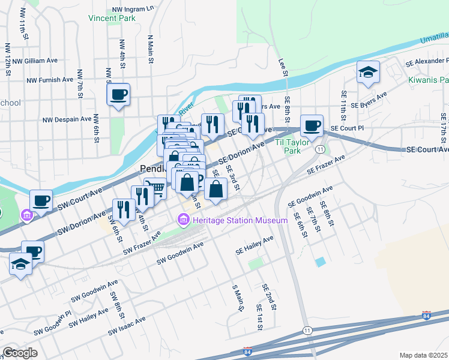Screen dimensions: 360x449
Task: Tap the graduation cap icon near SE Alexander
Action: point(368,73)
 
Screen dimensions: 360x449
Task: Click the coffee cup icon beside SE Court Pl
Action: point(312,125)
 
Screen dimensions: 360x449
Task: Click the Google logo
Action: point(19,353)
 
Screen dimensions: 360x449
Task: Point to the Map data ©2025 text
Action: point(423,355)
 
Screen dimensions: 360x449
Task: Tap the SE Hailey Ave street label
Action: point(255,242)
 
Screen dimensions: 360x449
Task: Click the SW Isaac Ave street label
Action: point(127,326)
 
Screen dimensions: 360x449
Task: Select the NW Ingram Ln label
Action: point(133,10)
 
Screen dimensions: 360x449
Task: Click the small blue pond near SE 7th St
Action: point(321,262)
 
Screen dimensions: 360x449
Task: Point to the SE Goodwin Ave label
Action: point(310,197)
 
